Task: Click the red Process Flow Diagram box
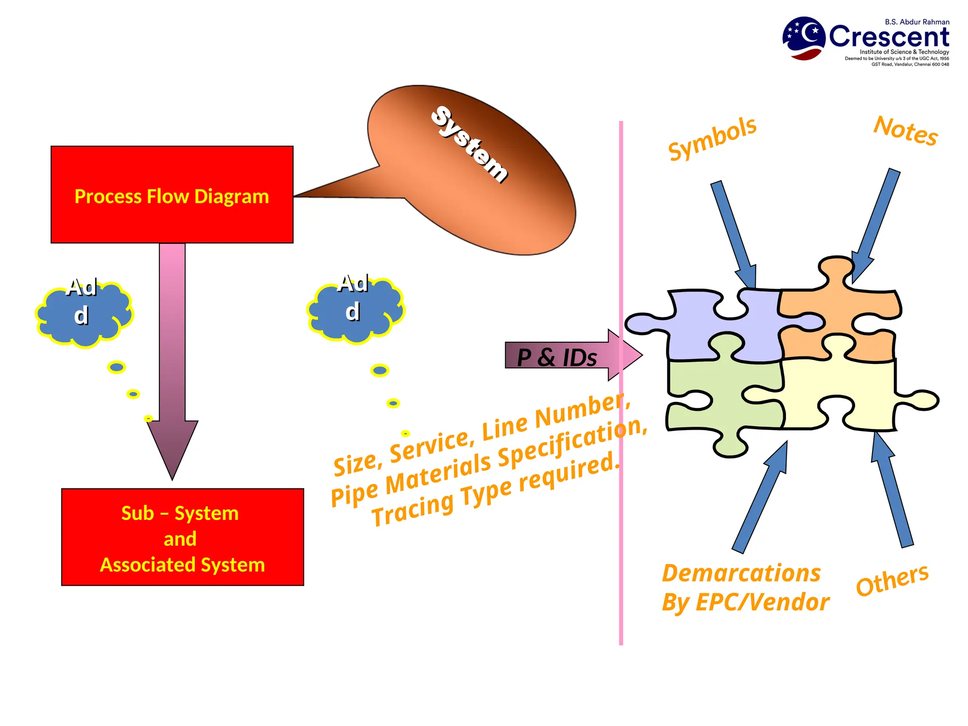click(x=172, y=195)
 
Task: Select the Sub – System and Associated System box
click(x=182, y=537)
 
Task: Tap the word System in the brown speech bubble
click(x=469, y=144)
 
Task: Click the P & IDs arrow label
click(x=557, y=357)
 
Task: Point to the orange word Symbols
click(x=712, y=138)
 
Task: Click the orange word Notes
click(x=905, y=130)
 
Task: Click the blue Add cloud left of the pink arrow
click(x=84, y=313)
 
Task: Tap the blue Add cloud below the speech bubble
click(x=356, y=310)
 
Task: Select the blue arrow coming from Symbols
click(x=734, y=234)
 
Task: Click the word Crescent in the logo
click(x=889, y=37)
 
